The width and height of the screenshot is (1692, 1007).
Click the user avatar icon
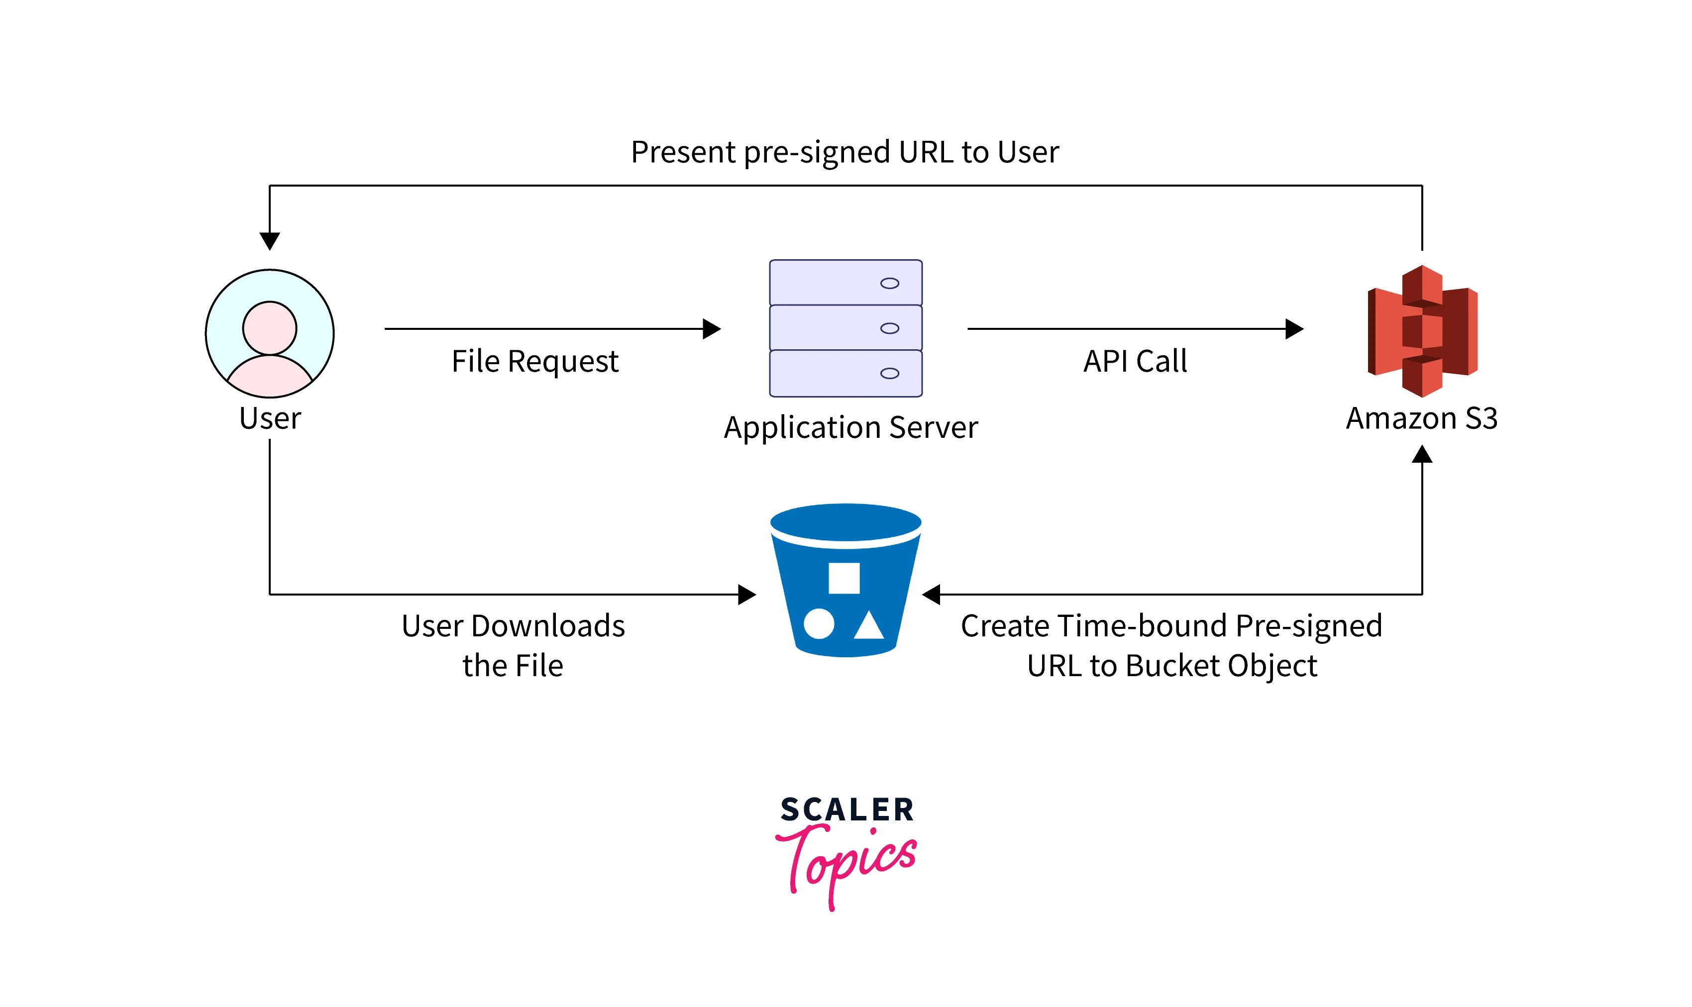[269, 333]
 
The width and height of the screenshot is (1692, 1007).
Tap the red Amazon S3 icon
[1421, 331]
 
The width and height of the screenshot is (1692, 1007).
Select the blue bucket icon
[845, 580]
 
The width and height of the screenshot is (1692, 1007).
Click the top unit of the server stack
[845, 282]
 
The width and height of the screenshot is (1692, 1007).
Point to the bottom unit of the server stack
[845, 373]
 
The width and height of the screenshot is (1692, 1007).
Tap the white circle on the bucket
[819, 623]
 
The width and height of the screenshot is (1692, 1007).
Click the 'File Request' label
[535, 362]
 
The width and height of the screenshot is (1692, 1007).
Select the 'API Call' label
[1135, 361]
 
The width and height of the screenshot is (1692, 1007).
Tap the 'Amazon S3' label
[1421, 418]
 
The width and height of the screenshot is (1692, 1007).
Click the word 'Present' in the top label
[683, 152]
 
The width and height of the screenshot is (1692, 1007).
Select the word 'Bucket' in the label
[1173, 666]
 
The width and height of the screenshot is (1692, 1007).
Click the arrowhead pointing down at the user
[269, 241]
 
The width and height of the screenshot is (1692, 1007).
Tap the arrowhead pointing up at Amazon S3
[1421, 454]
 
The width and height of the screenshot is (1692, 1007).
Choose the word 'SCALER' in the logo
[846, 809]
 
